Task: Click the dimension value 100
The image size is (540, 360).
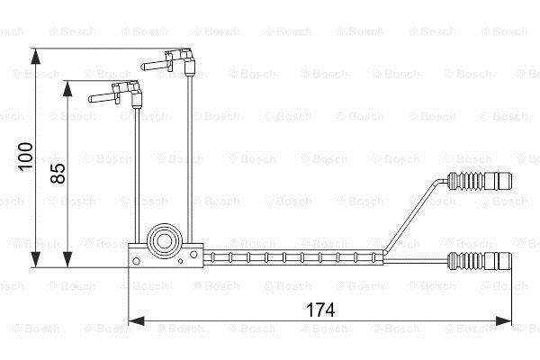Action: click(x=26, y=157)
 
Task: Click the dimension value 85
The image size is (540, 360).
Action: click(x=58, y=174)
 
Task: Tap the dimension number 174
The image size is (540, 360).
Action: click(x=320, y=310)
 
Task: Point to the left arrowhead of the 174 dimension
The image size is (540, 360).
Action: click(x=136, y=321)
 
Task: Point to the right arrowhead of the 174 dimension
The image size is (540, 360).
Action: click(x=503, y=321)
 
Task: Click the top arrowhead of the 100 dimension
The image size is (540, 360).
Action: click(x=35, y=57)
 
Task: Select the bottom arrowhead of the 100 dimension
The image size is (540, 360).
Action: click(x=35, y=259)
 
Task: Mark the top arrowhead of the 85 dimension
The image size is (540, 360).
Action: click(x=67, y=89)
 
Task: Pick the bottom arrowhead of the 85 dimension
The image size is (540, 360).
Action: click(x=67, y=259)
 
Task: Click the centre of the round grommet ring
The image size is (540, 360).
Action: click(x=164, y=241)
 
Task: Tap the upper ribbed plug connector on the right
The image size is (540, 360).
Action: click(x=480, y=181)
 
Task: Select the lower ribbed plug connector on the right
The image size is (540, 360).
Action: click(x=480, y=260)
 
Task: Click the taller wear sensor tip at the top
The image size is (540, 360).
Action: click(x=168, y=61)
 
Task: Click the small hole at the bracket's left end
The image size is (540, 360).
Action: click(x=136, y=261)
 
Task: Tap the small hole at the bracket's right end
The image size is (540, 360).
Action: click(x=193, y=255)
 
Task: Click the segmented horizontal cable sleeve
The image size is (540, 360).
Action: click(x=293, y=257)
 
